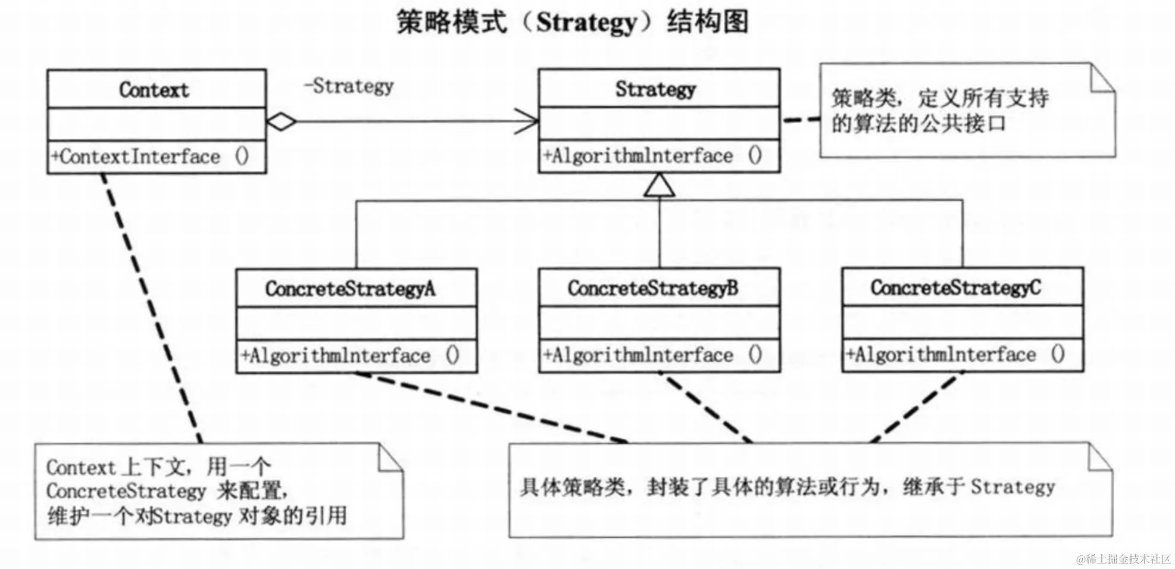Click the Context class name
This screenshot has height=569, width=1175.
click(x=154, y=90)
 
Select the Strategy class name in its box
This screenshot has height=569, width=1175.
click(x=655, y=89)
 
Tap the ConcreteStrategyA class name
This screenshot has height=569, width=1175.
click(x=350, y=289)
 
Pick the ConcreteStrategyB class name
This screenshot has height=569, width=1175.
click(x=653, y=289)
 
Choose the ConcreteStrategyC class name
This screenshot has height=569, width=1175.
click(x=956, y=288)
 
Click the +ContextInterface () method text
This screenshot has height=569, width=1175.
click(x=150, y=157)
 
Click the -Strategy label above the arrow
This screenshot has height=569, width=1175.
click(x=349, y=86)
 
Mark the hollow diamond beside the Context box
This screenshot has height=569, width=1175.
click(x=281, y=122)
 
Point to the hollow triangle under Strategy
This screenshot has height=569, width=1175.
click(x=659, y=185)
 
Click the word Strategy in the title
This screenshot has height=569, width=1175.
click(x=586, y=23)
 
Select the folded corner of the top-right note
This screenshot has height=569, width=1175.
click(x=1102, y=79)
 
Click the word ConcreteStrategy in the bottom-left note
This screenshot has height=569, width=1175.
click(x=126, y=492)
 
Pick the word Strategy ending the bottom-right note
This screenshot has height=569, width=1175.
click(x=1012, y=487)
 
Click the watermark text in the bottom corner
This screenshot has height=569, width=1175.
click(x=1123, y=559)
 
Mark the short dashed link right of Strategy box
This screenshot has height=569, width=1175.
click(x=801, y=120)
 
